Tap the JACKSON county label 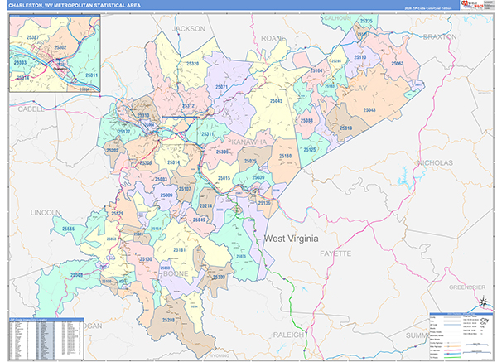(x=188, y=28)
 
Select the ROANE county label (x=273, y=37)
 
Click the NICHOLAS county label (x=436, y=163)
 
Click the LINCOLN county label (x=45, y=213)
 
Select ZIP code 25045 (x=274, y=100)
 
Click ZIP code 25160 (x=285, y=156)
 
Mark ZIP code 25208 (x=169, y=319)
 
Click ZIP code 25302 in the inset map (x=60, y=48)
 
